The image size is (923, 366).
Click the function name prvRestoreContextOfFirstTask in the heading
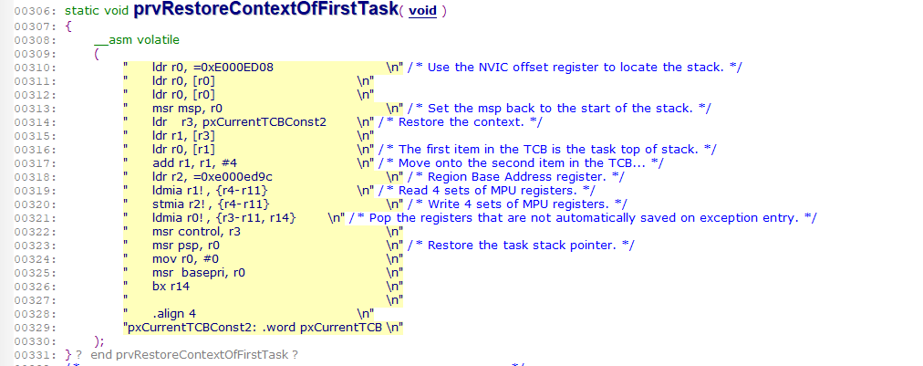[265, 11]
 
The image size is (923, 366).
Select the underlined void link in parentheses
[422, 12]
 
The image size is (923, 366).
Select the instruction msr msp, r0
[186, 109]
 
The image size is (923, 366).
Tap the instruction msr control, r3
[194, 232]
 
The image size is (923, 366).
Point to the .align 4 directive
[174, 313]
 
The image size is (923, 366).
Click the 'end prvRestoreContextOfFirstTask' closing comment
[195, 353]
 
